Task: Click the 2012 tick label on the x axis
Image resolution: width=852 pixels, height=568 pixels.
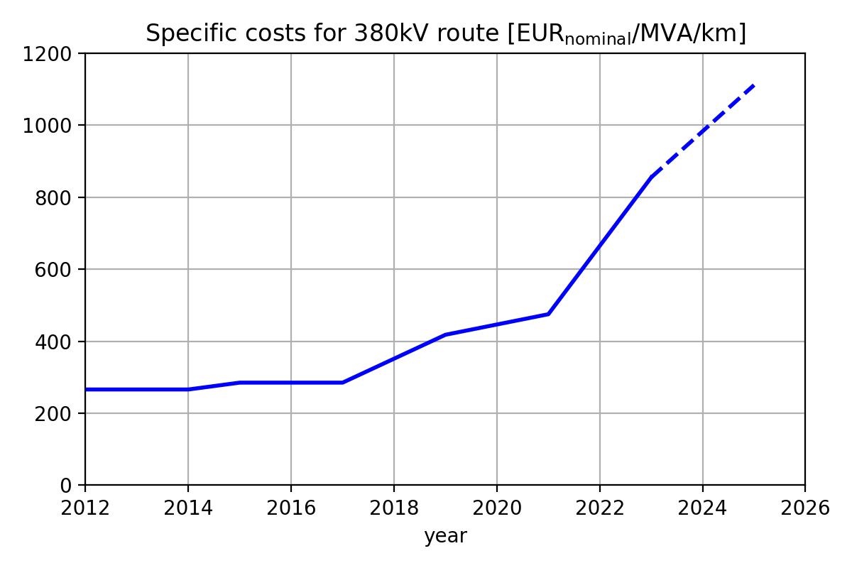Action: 85,508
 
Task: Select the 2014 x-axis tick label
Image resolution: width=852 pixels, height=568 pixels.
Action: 188,508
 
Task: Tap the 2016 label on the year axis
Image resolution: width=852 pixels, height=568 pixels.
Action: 291,508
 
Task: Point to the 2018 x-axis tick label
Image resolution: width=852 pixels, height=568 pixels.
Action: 394,508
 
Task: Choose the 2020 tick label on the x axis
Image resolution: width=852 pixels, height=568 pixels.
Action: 497,508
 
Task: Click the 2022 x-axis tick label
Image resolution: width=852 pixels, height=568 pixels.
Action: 600,508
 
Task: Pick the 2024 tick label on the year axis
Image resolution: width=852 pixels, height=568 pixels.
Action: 702,508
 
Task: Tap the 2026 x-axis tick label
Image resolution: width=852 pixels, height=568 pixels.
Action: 805,508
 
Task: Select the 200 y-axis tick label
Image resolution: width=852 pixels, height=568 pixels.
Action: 58,414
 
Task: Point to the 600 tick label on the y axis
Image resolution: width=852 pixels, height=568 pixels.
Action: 58,270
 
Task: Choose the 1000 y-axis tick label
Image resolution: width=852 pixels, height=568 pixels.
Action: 53,126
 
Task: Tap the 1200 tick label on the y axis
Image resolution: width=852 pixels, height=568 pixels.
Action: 53,54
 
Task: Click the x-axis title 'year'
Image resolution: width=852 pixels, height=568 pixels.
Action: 445,537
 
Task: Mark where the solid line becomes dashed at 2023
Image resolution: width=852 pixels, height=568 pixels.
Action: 651,177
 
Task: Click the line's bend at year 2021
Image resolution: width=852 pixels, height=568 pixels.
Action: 548,314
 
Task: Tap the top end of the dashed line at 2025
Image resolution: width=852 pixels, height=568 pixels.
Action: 754,84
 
